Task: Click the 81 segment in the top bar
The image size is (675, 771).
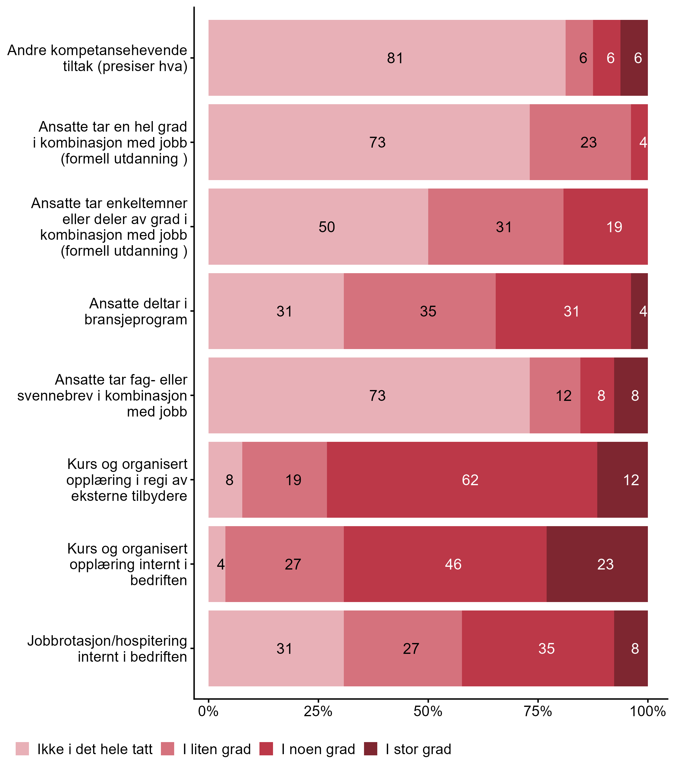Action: [387, 58]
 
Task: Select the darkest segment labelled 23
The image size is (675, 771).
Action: [597, 564]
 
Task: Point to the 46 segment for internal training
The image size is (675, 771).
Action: [445, 564]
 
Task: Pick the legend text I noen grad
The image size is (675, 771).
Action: [318, 750]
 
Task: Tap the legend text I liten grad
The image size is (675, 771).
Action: [217, 750]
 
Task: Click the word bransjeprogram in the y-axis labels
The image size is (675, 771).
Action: [136, 320]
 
